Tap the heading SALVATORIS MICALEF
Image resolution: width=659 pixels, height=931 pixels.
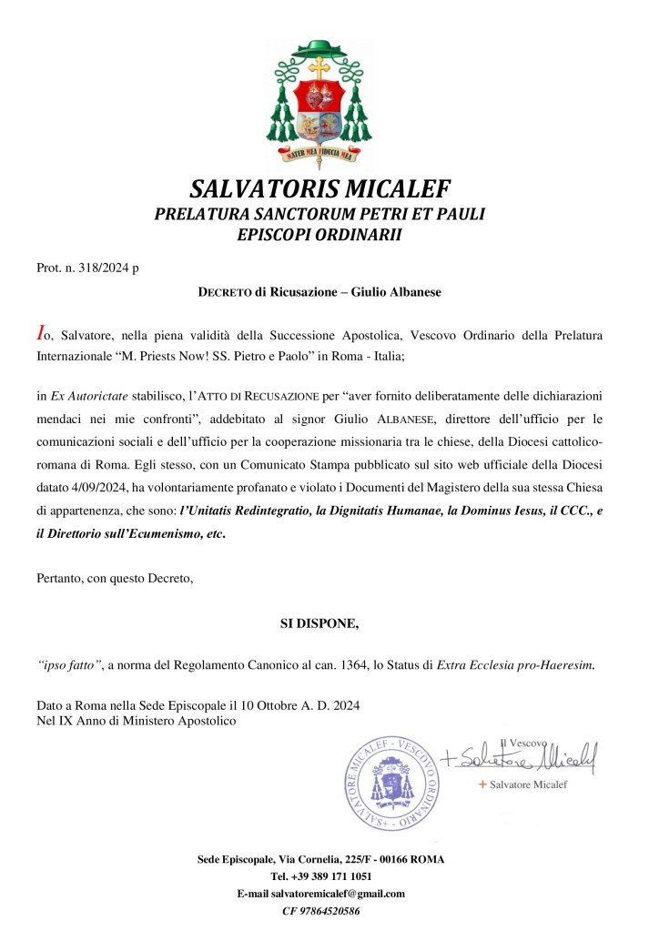(x=320, y=189)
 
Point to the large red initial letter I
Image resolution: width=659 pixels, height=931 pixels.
(x=40, y=334)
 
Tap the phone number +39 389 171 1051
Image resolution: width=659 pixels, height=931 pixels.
(x=320, y=876)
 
